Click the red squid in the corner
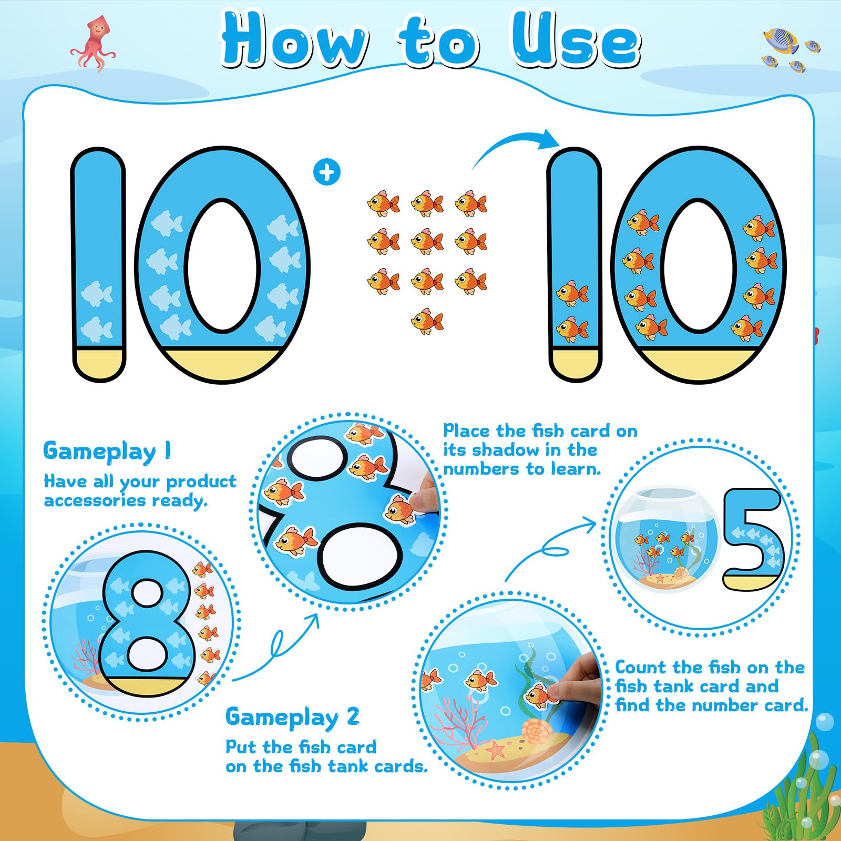pos(93,43)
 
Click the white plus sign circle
pos(326,172)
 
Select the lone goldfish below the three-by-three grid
pos(427,321)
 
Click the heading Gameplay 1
pos(107,451)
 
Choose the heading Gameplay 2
pos(292,717)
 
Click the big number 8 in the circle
pos(145,620)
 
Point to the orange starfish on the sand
pos(495,749)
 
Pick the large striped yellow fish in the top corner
pos(781,40)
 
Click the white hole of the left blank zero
pos(222,266)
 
